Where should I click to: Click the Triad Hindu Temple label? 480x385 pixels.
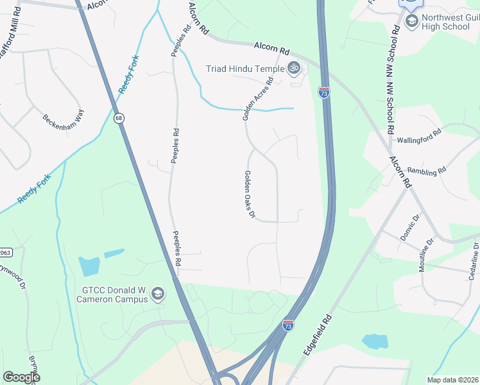click(246, 69)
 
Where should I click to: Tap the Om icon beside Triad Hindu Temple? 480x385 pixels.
click(294, 67)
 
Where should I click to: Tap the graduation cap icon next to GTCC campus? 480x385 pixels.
click(158, 295)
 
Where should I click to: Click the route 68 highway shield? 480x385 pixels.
click(119, 118)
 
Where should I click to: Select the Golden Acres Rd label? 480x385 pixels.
click(257, 99)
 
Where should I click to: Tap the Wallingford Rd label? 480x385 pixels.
click(419, 135)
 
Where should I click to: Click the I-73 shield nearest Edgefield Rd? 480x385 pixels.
click(288, 326)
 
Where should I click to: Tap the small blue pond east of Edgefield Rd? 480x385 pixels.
click(374, 341)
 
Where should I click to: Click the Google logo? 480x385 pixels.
click(21, 377)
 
